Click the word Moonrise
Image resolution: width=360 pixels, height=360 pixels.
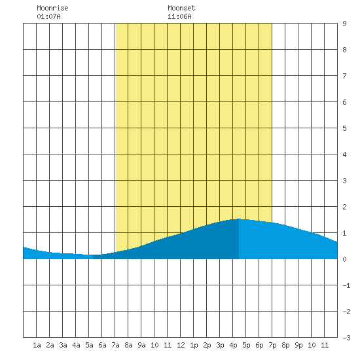tap(52, 8)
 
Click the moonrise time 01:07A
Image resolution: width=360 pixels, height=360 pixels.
tap(48, 16)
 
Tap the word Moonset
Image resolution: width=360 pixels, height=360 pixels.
tap(181, 8)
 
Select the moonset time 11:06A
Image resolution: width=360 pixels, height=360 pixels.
tap(179, 16)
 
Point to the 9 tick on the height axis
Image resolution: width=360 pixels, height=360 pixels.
tap(344, 24)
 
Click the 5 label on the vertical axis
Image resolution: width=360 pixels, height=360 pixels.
tap(344, 128)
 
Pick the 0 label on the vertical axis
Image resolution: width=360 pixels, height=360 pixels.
tap(344, 259)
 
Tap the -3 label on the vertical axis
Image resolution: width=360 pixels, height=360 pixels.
tap(346, 338)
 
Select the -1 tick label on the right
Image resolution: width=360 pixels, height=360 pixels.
tap(346, 285)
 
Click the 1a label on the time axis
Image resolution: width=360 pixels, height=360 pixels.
tap(37, 345)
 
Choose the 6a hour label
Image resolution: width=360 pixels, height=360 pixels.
tap(102, 345)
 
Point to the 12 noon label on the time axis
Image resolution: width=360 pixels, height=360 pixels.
tap(181, 345)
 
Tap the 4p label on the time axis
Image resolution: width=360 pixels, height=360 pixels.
tap(233, 345)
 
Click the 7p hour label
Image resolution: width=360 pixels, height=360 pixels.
tap(272, 345)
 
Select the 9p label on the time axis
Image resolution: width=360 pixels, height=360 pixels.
tap(298, 345)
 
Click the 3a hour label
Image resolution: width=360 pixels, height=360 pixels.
tap(63, 345)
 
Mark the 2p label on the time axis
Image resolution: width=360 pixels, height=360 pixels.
tap(207, 345)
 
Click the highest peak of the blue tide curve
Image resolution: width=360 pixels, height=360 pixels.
tap(239, 219)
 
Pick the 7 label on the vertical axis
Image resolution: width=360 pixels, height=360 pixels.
tap(344, 76)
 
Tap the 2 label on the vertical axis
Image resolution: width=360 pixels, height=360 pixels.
tap(344, 207)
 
